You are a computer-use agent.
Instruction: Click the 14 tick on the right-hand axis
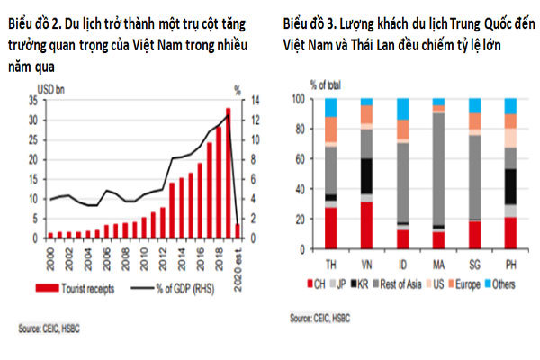(256, 101)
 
